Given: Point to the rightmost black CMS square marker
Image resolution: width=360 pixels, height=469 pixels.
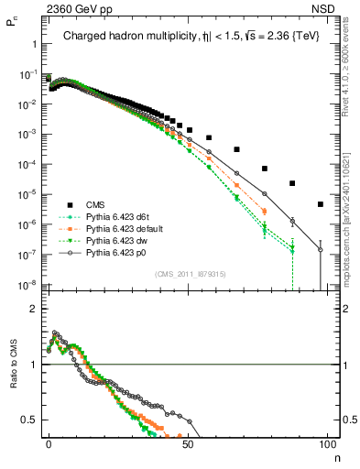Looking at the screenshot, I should (x=320, y=204).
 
